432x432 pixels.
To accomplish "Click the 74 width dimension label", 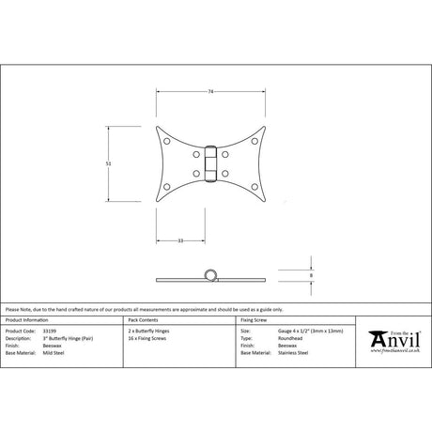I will point(213,90).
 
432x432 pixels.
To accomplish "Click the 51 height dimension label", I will point(108,162).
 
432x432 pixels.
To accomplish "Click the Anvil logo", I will point(394,341).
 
